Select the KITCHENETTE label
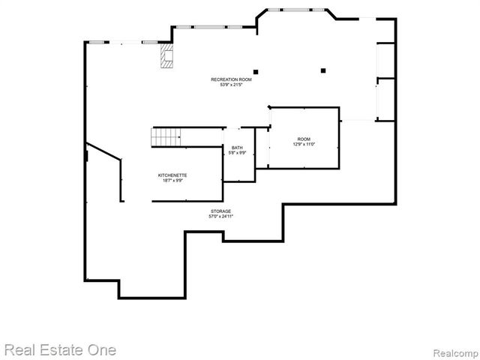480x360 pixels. (x=172, y=175)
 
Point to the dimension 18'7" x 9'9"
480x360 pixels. (x=172, y=180)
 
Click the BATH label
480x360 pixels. (x=237, y=148)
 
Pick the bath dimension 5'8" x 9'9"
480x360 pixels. (x=237, y=153)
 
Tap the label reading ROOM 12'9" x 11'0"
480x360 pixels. (x=304, y=142)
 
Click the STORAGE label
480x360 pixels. (x=220, y=211)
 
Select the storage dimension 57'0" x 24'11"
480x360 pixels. (x=220, y=217)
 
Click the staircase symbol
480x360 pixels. (x=167, y=137)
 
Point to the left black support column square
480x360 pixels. (x=256, y=72)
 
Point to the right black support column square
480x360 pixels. (x=322, y=70)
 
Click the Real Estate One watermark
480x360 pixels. (x=60, y=349)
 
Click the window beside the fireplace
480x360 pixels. (x=150, y=42)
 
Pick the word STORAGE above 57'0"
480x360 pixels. (x=220, y=211)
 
